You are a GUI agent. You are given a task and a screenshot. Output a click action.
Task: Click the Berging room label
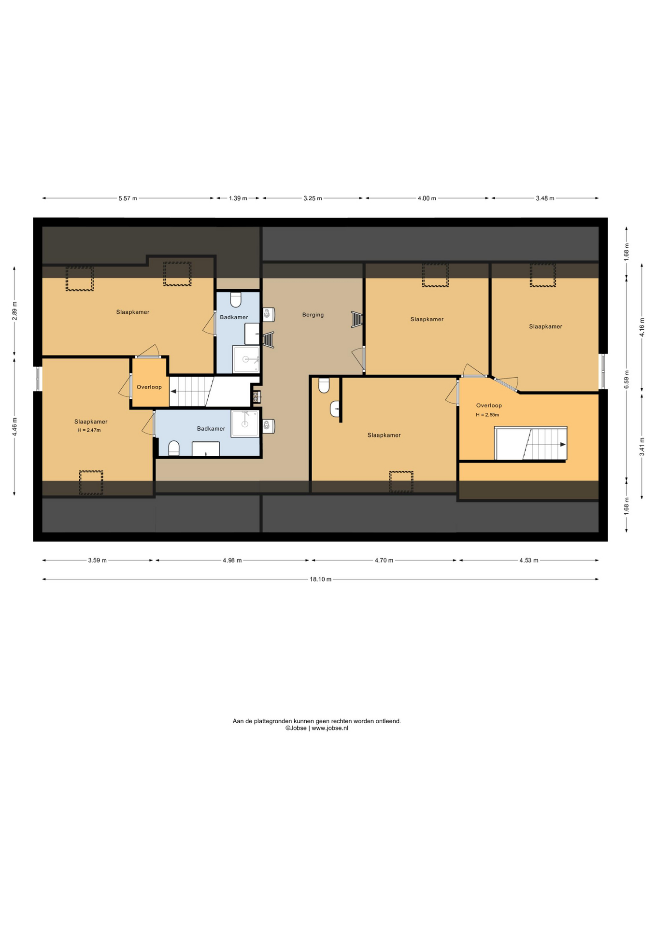pyautogui.click(x=313, y=315)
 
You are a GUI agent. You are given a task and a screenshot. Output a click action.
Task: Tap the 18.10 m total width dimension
pyautogui.click(x=321, y=579)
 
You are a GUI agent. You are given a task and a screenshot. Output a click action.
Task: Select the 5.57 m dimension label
pyautogui.click(x=128, y=198)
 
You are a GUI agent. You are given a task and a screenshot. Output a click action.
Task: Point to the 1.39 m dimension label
pyautogui.click(x=238, y=198)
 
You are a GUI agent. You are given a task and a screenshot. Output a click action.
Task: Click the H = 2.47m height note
pyautogui.click(x=89, y=430)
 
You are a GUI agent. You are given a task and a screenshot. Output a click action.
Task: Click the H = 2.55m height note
pyautogui.click(x=487, y=415)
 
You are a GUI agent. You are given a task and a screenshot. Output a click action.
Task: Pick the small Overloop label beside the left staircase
pyautogui.click(x=149, y=387)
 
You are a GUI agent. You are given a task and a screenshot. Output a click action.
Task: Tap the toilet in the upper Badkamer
pyautogui.click(x=236, y=299)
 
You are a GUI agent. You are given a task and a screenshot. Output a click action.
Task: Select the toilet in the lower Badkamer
pyautogui.click(x=174, y=449)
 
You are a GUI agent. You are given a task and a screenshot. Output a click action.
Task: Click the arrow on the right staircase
pyautogui.click(x=563, y=445)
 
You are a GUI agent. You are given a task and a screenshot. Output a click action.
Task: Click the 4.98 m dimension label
pyautogui.click(x=232, y=561)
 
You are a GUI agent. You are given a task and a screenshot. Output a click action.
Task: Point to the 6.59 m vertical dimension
pyautogui.click(x=627, y=379)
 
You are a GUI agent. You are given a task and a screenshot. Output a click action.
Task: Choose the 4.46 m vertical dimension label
pyautogui.click(x=14, y=427)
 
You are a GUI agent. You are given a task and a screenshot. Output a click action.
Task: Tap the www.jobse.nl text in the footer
pyautogui.click(x=330, y=728)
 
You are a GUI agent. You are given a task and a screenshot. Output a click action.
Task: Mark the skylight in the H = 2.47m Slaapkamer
pyautogui.click(x=91, y=482)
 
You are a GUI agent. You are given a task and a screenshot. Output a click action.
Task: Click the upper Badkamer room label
pyautogui.click(x=234, y=317)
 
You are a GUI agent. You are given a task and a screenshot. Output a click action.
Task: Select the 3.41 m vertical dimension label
pyautogui.click(x=642, y=447)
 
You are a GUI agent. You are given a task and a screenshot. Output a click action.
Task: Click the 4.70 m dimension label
pyautogui.click(x=384, y=561)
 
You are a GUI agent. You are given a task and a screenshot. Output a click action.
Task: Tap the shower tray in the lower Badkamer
pyautogui.click(x=245, y=424)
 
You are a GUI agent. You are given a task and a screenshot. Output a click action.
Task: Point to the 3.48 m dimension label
pyautogui.click(x=545, y=198)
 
